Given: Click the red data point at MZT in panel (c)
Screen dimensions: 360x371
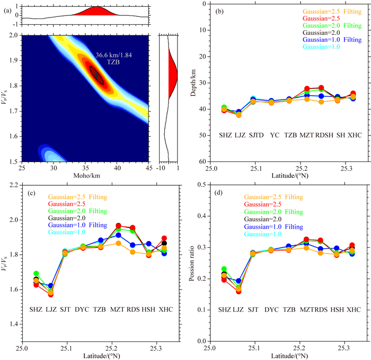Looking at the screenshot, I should tap(118, 226).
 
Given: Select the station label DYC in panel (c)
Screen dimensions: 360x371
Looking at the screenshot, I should tap(82, 309).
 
